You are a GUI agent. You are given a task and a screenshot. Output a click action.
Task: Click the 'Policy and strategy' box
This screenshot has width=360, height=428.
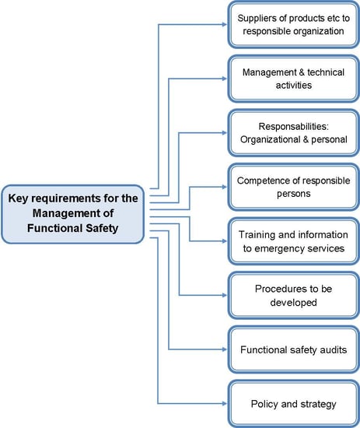tap(294, 403)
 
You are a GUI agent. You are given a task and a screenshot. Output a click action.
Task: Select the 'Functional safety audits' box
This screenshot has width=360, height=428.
tap(294, 349)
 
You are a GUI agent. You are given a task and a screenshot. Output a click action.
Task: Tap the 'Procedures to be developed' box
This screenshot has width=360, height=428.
tap(294, 296)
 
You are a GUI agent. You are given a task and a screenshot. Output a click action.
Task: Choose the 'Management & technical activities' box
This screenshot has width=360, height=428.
tap(294, 79)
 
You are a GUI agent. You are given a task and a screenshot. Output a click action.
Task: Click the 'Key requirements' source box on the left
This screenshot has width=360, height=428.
tap(73, 214)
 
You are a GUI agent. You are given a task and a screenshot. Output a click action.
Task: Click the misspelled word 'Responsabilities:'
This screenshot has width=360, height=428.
tap(294, 126)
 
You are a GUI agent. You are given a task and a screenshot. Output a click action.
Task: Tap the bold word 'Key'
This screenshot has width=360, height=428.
tap(18, 198)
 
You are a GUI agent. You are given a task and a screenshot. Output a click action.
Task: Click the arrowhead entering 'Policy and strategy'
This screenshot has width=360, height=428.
tap(225, 403)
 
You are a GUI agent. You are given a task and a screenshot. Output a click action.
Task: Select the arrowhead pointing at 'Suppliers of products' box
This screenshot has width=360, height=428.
tap(225, 25)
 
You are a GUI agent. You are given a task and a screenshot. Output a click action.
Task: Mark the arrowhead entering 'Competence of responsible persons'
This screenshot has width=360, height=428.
tap(225, 187)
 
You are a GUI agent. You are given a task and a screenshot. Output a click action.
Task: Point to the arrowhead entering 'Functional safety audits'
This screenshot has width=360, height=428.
tap(225, 349)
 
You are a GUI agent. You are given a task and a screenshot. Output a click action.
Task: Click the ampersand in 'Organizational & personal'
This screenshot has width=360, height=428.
tap(306, 139)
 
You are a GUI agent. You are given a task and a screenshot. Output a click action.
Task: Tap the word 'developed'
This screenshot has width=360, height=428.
tap(294, 303)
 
